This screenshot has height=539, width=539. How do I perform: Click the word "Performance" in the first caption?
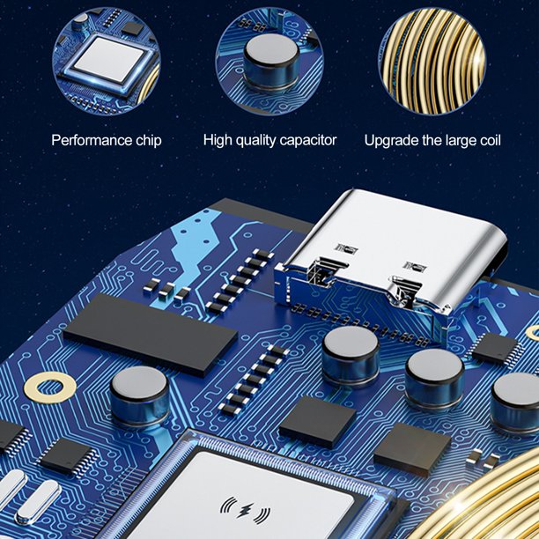click(x=92, y=140)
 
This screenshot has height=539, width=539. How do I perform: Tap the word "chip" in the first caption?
click(x=149, y=141)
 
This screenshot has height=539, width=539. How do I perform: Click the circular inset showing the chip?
click(x=107, y=61)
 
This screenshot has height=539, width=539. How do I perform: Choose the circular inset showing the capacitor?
click(x=269, y=61)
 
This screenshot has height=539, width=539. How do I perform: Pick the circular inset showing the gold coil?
click(x=432, y=61)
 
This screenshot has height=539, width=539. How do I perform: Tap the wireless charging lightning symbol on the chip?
click(x=245, y=510)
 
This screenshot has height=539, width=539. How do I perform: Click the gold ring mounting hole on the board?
click(x=50, y=387)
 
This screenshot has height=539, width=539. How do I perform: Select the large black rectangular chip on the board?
click(x=151, y=334)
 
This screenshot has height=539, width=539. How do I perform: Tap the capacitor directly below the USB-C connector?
click(x=351, y=356)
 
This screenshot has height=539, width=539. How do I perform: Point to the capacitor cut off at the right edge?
click(x=515, y=402)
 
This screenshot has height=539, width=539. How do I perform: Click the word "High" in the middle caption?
click(x=218, y=141)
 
